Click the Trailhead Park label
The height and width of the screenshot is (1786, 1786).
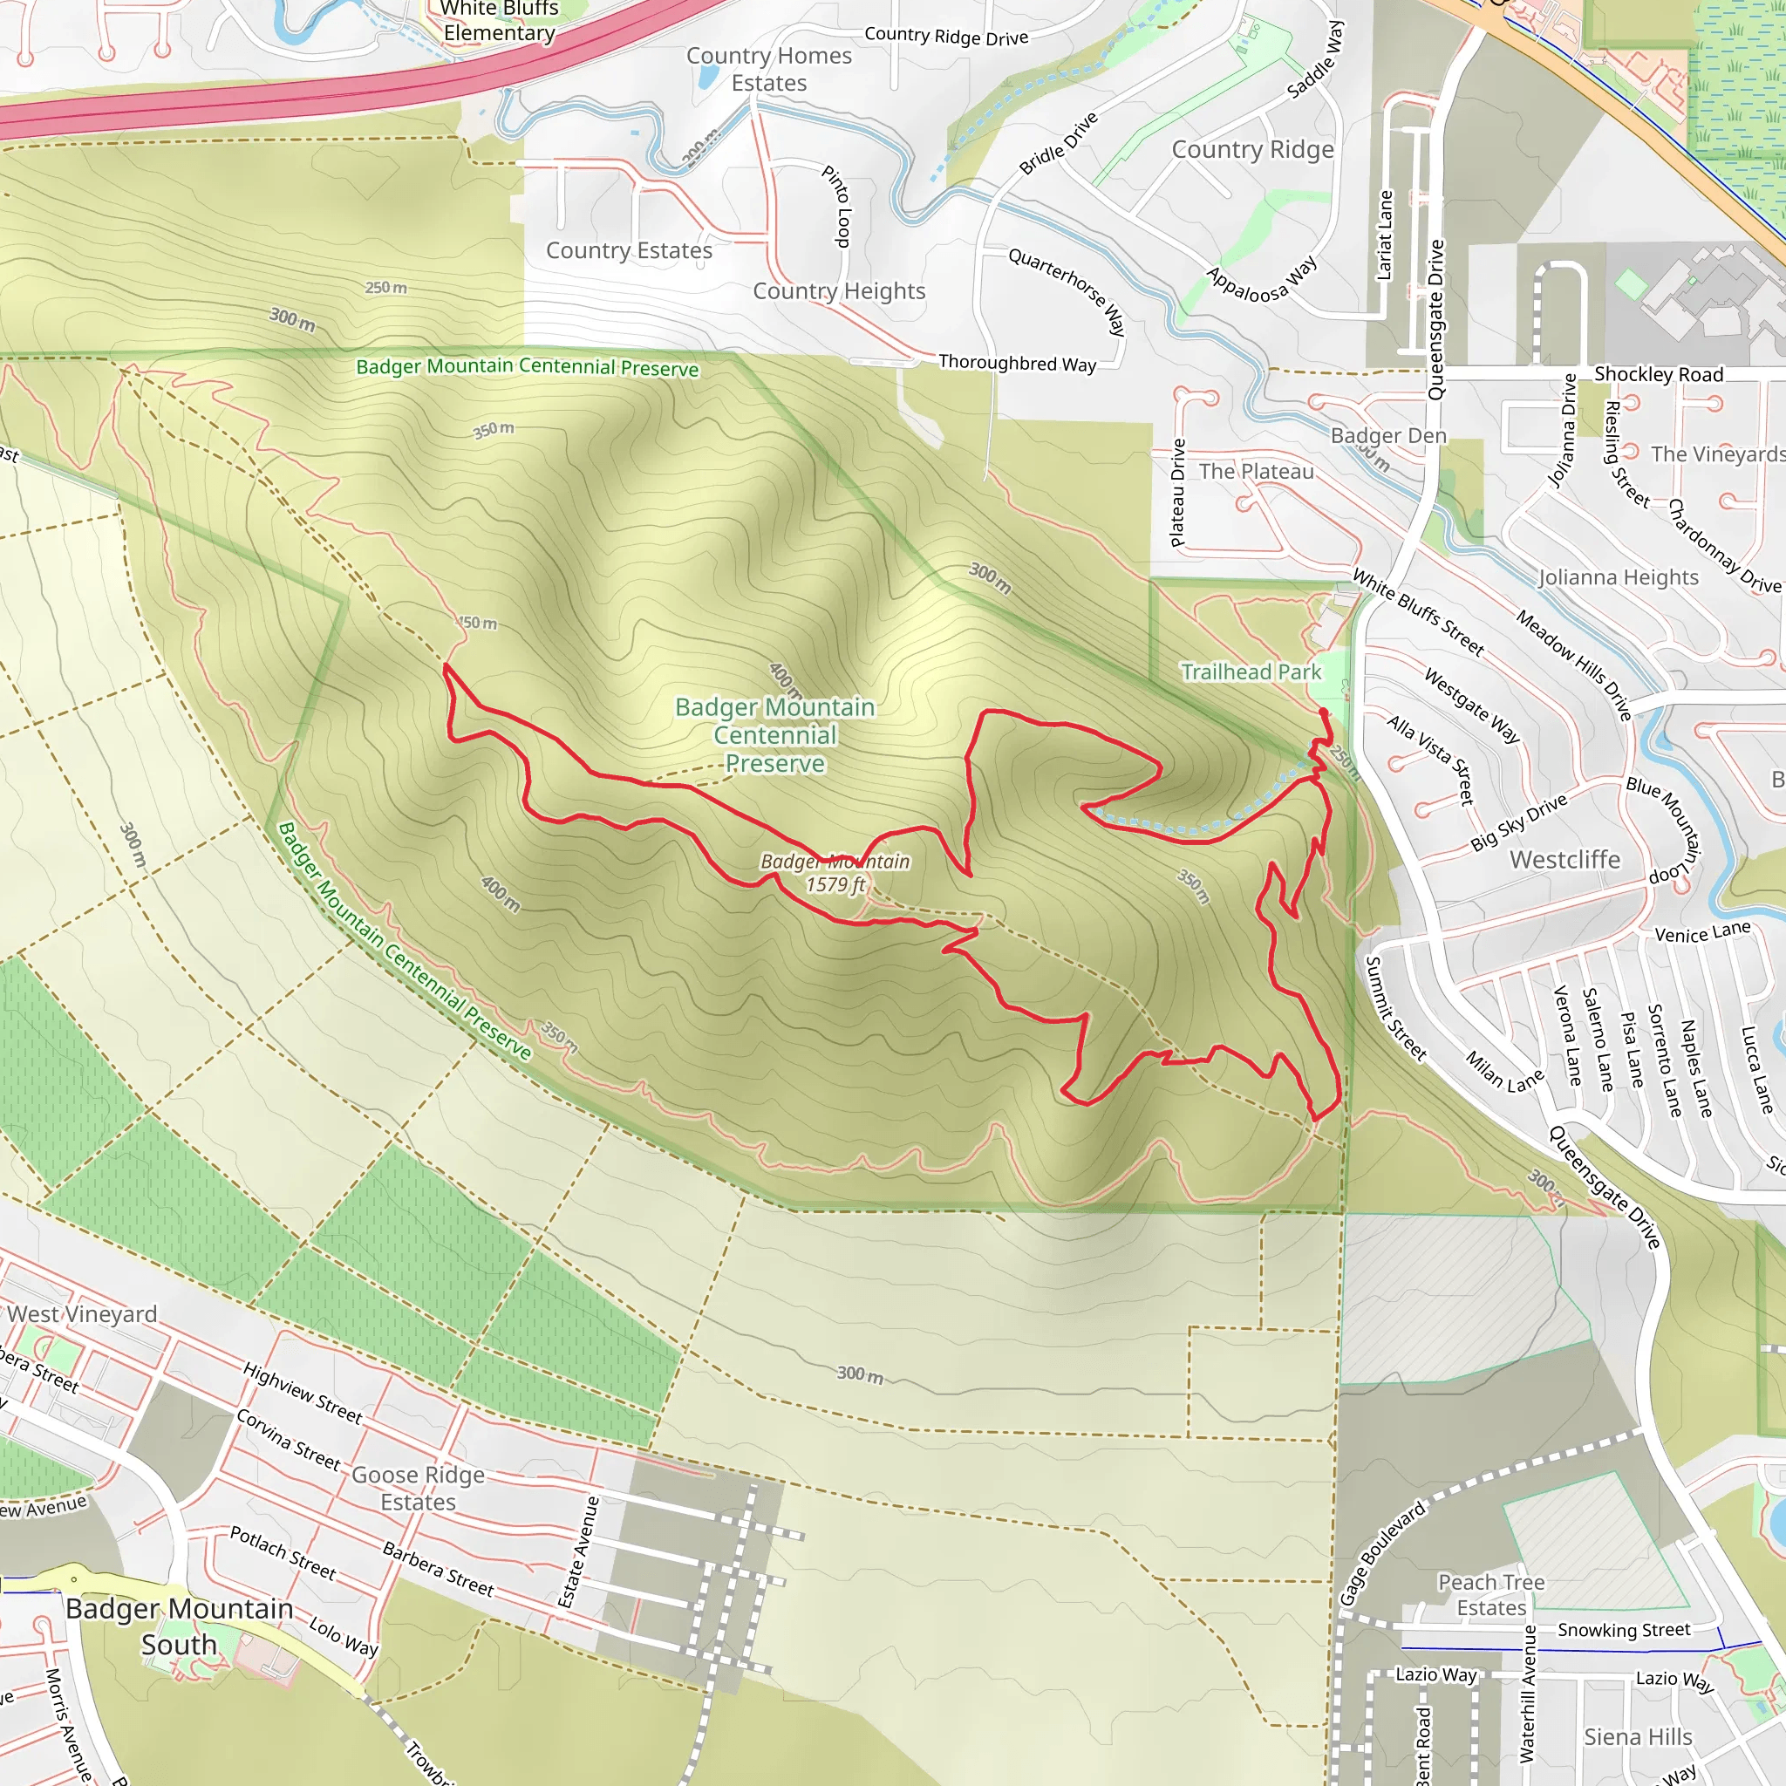pos(1251,672)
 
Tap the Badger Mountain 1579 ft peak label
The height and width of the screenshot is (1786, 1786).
pos(835,873)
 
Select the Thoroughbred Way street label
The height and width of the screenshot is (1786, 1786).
pos(1017,364)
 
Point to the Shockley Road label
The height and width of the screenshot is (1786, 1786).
pos(1659,374)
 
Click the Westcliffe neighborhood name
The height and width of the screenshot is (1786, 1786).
pos(1564,860)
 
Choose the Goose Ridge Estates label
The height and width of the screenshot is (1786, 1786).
pos(418,1488)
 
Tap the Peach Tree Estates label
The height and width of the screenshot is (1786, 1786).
pos(1491,1595)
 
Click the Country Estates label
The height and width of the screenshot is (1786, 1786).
pos(629,250)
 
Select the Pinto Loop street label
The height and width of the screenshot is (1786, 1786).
pos(837,206)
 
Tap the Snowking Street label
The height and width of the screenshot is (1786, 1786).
pos(1623,1630)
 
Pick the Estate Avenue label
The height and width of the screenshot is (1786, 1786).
pos(579,1552)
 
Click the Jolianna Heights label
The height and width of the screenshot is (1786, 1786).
pos(1618,578)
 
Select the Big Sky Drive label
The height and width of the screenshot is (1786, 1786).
pos(1519,821)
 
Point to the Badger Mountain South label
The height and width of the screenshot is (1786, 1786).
pos(180,1626)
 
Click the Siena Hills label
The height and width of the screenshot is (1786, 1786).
pos(1638,1737)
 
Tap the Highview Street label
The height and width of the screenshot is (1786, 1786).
pos(303,1392)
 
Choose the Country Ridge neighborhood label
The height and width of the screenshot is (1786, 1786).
pos(1252,150)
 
